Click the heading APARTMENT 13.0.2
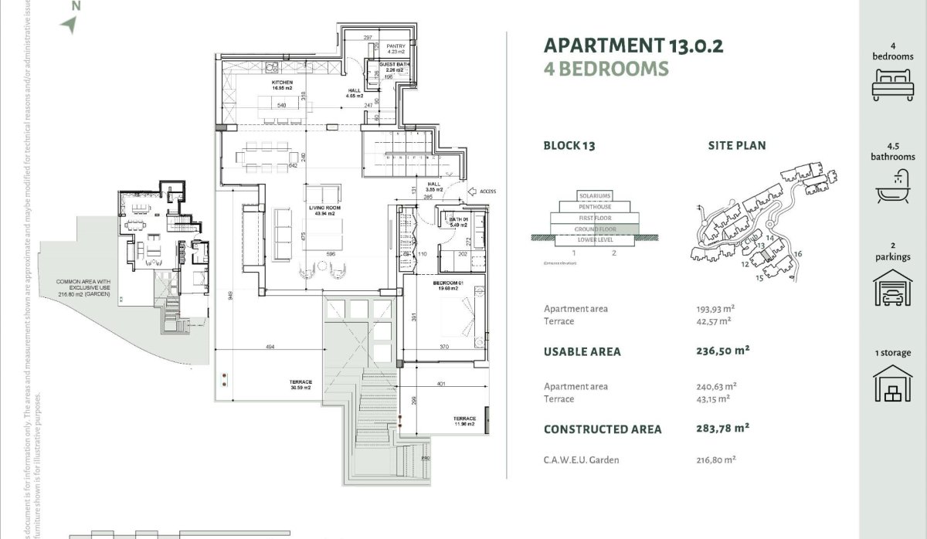pos(633,45)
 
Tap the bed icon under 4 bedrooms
pos(892,84)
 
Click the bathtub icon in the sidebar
pos(892,184)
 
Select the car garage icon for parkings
pos(892,288)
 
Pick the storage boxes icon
pos(892,383)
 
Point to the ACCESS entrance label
pos(487,192)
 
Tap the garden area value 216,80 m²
pos(715,459)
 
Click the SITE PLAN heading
pos(737,145)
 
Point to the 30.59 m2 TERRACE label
pos(301,385)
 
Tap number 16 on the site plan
pos(798,254)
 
